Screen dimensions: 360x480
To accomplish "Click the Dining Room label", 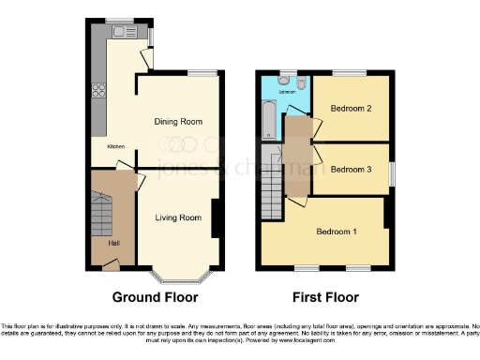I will pyautogui.click(x=178, y=122).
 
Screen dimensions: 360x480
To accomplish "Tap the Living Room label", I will pyautogui.click(x=178, y=217).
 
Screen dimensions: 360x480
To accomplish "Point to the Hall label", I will pyautogui.click(x=113, y=244).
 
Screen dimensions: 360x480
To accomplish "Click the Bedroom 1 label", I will pyautogui.click(x=335, y=232).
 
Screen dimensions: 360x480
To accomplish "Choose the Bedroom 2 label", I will pyautogui.click(x=352, y=109).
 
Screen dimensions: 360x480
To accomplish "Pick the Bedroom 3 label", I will pyautogui.click(x=352, y=169).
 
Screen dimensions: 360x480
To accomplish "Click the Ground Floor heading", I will pyautogui.click(x=156, y=298).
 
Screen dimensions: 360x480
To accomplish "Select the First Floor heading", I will pyautogui.click(x=327, y=298).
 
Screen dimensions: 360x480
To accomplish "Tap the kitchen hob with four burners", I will pyautogui.click(x=97, y=92).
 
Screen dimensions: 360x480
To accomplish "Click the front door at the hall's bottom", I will pyautogui.click(x=112, y=266).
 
